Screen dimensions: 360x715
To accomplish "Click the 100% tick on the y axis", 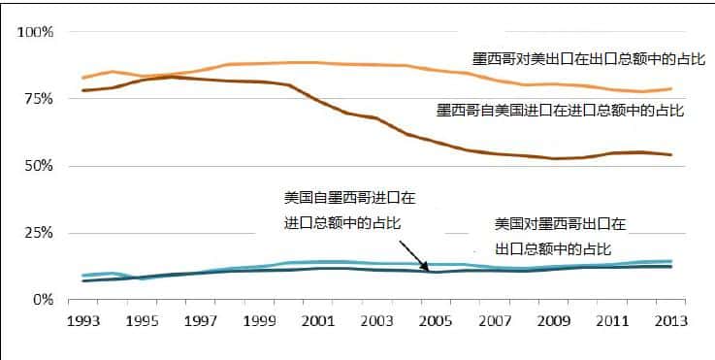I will (x=35, y=32).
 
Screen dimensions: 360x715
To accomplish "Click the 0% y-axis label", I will (x=43, y=300).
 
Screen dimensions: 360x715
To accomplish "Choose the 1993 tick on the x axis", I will (x=83, y=320).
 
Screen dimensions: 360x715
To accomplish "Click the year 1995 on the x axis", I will (x=144, y=320).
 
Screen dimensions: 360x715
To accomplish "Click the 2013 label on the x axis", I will (x=671, y=320).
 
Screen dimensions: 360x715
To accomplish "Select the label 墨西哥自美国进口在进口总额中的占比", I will (x=560, y=110).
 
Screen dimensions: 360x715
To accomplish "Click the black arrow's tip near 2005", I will (x=428, y=271).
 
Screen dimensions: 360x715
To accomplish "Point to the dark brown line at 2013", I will (x=672, y=155).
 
